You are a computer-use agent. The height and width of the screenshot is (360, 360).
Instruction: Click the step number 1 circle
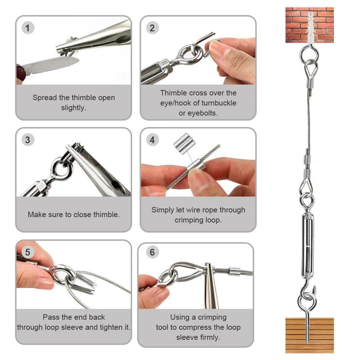(x=29, y=27)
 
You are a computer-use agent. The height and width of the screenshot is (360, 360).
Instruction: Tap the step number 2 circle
(x=153, y=27)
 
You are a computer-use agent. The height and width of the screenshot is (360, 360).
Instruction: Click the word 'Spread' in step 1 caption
(x=44, y=97)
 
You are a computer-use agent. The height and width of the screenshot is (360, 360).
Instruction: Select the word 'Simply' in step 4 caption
(x=164, y=210)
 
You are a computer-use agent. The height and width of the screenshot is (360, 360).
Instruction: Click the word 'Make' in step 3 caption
(x=37, y=214)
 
